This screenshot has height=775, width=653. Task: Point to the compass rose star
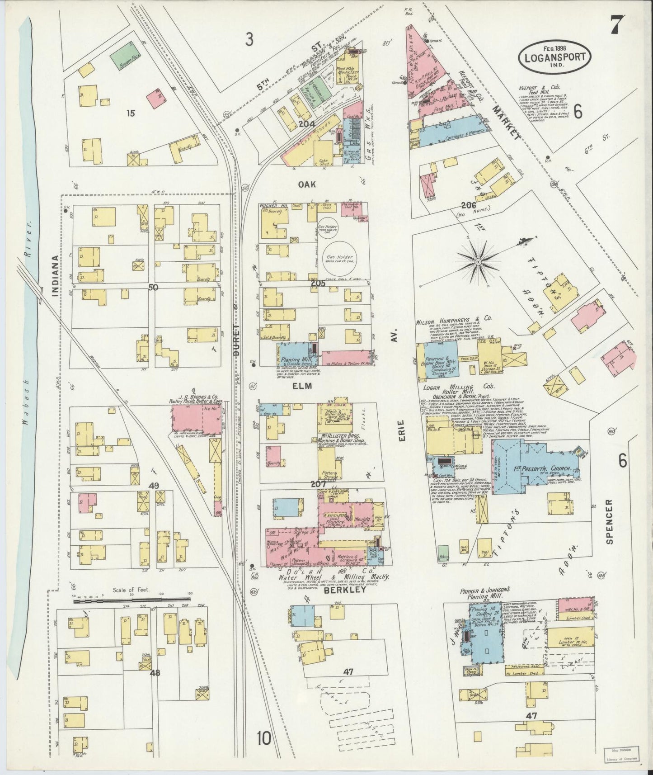pyautogui.click(x=478, y=261)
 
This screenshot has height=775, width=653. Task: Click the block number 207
pyautogui.click(x=318, y=484)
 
